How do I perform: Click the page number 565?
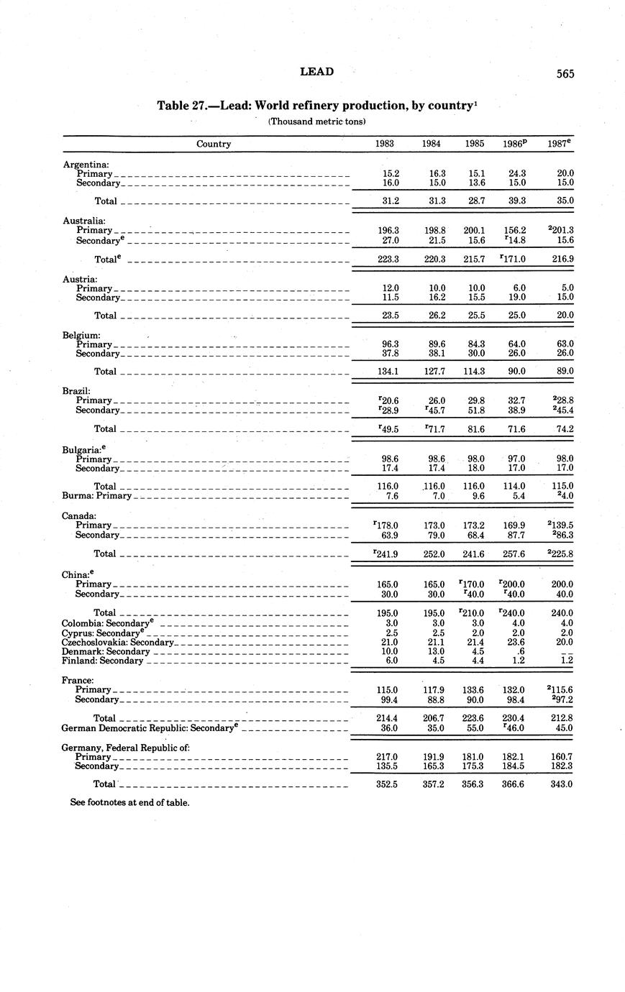point(565,73)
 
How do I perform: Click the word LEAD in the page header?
point(316,72)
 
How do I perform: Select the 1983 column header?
point(385,144)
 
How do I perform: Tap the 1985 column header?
point(474,144)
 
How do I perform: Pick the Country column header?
point(214,144)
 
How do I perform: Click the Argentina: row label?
point(86,165)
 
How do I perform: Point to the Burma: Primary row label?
point(97,495)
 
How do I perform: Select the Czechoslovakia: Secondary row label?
point(118,642)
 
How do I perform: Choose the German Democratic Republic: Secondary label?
point(150,727)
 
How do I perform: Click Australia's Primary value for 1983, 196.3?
point(388,230)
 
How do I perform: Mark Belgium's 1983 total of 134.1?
point(388,372)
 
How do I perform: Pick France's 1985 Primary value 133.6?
point(474,690)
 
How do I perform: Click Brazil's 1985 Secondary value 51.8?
point(475,410)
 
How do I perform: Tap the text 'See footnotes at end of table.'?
point(129,802)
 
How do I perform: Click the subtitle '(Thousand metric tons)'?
point(316,121)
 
